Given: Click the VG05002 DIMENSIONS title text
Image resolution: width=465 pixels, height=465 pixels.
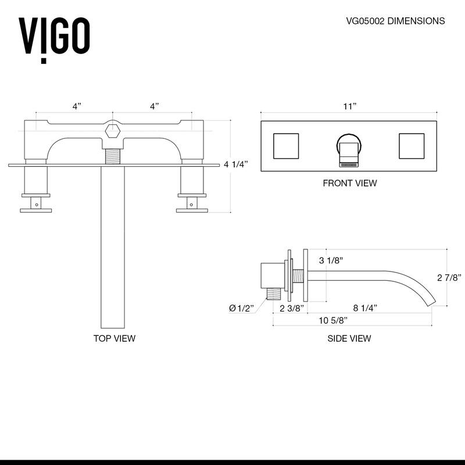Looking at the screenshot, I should (x=395, y=21).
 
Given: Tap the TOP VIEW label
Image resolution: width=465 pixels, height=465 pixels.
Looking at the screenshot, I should (x=115, y=338).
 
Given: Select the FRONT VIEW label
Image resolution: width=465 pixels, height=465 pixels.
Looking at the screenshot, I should (x=349, y=183).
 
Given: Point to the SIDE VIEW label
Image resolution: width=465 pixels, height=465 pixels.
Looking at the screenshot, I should (x=349, y=338).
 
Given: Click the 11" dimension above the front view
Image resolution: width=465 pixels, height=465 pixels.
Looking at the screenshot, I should (x=349, y=106).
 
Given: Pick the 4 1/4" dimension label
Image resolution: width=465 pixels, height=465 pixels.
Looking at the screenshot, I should (x=236, y=164).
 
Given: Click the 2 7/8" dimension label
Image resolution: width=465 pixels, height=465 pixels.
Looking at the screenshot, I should (x=449, y=278).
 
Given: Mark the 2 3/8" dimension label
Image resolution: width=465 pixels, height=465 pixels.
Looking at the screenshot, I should (x=292, y=308).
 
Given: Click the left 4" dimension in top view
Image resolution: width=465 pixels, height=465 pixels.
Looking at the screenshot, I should (x=77, y=106).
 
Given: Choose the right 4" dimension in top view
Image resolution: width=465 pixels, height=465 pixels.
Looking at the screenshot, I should (x=154, y=106).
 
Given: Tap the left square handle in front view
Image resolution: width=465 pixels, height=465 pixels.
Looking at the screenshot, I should (x=285, y=145).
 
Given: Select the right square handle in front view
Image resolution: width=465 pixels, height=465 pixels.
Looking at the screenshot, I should (x=412, y=145).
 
